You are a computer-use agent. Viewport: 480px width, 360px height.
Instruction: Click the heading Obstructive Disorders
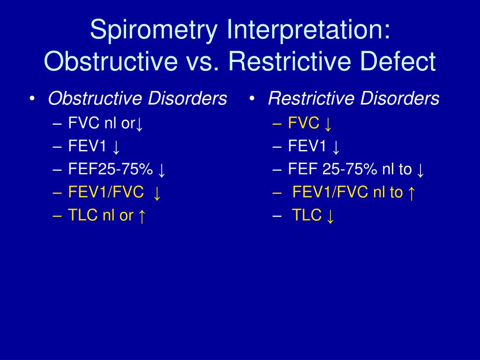[x=137, y=99]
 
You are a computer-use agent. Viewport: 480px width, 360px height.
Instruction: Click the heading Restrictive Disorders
[x=353, y=99]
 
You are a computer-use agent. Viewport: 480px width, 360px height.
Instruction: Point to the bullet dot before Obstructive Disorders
[x=32, y=99]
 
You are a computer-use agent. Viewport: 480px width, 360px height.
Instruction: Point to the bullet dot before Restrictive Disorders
[x=252, y=99]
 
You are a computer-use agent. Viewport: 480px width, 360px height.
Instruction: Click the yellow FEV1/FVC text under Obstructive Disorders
[x=106, y=193]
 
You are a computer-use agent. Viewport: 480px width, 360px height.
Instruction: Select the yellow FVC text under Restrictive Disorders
[x=304, y=124]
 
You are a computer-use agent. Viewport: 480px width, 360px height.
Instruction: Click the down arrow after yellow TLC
[x=330, y=216]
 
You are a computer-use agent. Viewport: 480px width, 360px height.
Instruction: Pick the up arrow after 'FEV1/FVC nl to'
[x=411, y=193]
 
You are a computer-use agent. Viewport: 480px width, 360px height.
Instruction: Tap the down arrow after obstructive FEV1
[x=116, y=147]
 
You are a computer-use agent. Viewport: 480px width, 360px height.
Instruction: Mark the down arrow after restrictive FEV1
[x=336, y=147]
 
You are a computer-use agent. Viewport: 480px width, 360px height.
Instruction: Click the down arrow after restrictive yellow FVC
[x=328, y=124]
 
